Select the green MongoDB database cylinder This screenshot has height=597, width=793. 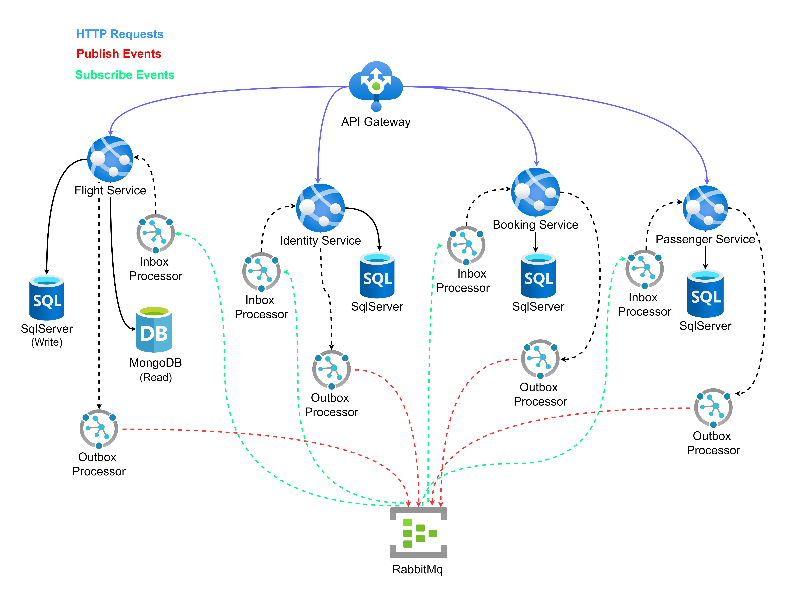tap(154, 330)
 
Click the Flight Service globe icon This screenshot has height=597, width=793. tap(110, 159)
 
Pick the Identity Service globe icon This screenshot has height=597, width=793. tap(320, 208)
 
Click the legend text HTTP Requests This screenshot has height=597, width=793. tap(120, 34)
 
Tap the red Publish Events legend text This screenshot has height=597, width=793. tap(119, 54)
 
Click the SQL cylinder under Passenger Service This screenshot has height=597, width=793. tap(705, 294)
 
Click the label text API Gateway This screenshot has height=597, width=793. tap(376, 122)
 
